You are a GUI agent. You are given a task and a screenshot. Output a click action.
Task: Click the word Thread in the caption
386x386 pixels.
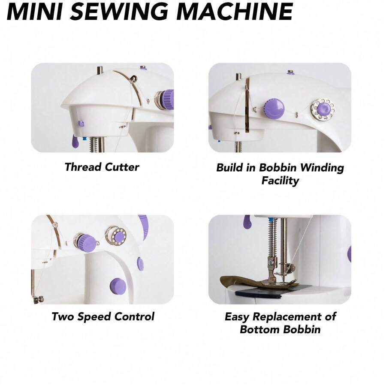pos(81,167)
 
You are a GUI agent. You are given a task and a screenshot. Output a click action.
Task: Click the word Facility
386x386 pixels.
pos(280,181)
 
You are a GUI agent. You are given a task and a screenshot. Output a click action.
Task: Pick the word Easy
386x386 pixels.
pos(237,317)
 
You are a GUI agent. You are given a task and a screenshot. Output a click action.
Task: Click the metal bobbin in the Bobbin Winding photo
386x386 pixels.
pos(323,109)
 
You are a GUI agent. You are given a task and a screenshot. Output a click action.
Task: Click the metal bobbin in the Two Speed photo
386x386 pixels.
pos(115,235)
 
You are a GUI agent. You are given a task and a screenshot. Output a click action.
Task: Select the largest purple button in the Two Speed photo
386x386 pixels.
pos(118,286)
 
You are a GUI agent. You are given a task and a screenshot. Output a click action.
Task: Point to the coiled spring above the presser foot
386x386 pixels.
pos(271,238)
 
